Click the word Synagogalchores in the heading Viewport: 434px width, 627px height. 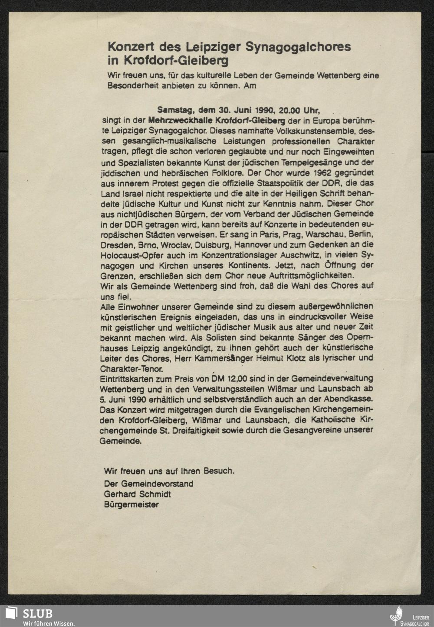click(x=298, y=46)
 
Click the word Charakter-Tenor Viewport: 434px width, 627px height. click(x=132, y=369)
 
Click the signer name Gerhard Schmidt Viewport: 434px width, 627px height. click(x=137, y=494)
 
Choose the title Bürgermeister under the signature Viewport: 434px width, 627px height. click(x=131, y=504)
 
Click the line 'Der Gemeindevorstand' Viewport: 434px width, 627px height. click(x=148, y=484)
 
